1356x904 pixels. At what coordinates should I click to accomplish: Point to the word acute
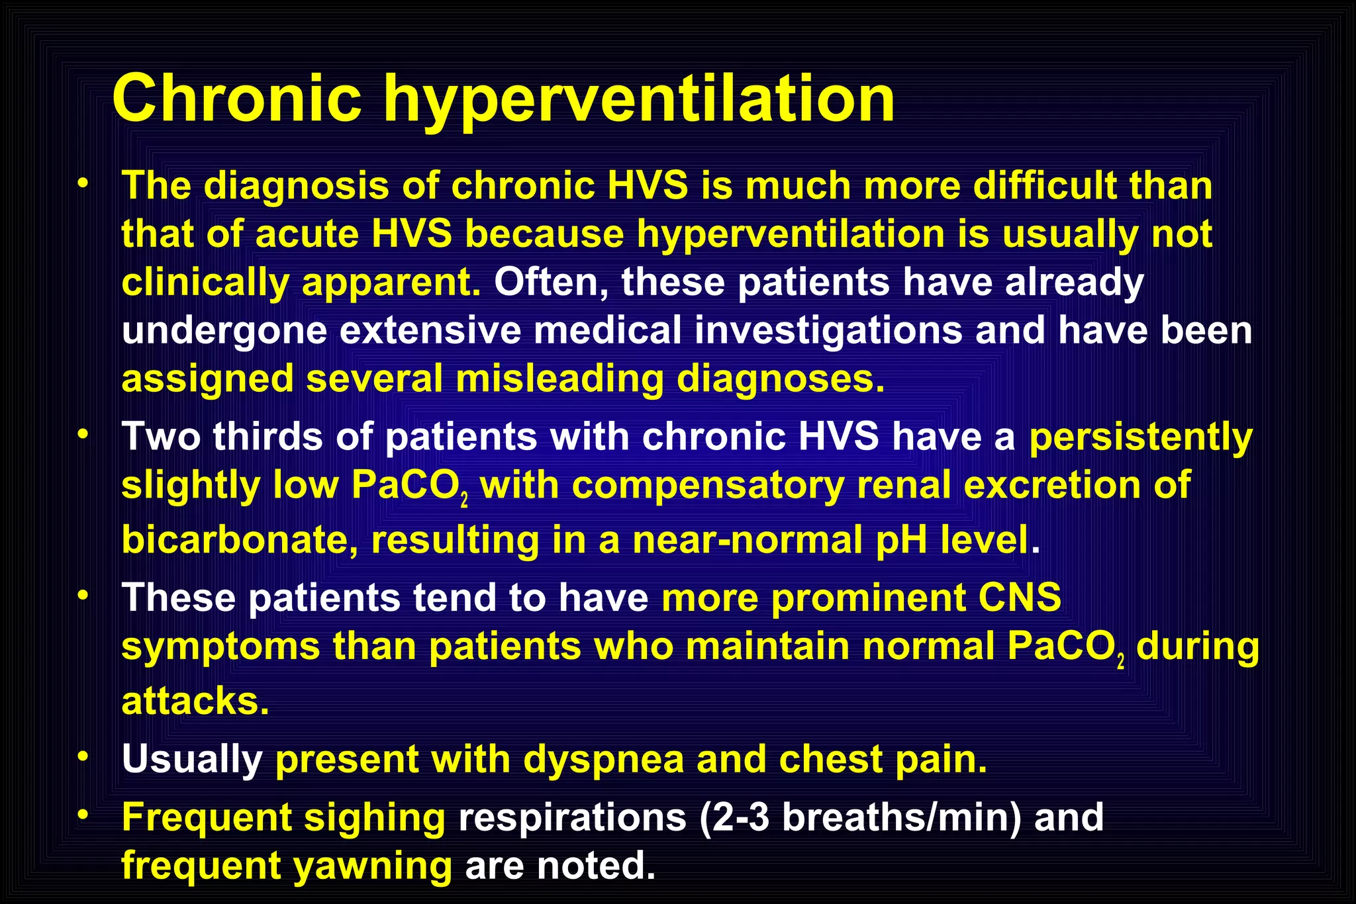tap(307, 234)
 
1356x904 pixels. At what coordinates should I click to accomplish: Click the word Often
tap(550, 283)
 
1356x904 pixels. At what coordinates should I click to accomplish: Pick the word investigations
tap(828, 331)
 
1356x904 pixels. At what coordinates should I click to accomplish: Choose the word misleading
tap(559, 379)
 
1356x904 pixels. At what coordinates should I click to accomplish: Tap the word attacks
tap(195, 701)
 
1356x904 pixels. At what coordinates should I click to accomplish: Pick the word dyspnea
tap(603, 760)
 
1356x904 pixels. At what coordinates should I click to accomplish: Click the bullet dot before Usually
tap(83, 756)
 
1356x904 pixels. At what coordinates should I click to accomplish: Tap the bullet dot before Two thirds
tap(83, 434)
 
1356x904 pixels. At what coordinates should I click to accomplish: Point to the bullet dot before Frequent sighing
tap(83, 815)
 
